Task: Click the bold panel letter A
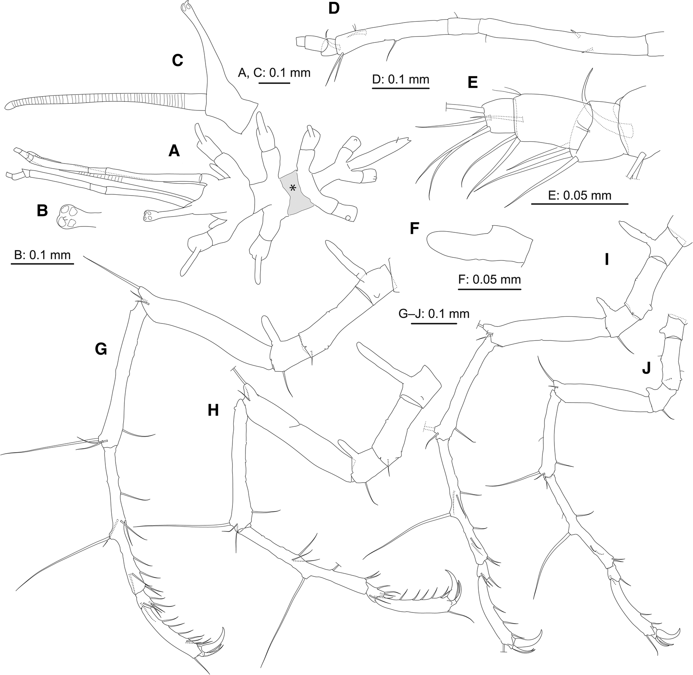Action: [x=174, y=150]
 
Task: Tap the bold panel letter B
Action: [x=42, y=211]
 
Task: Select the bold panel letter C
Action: [x=177, y=60]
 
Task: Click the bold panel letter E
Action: [x=472, y=82]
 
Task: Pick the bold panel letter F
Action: [x=414, y=228]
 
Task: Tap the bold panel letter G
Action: [x=101, y=349]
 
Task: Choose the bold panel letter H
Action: [x=213, y=411]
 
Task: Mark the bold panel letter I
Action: [x=606, y=260]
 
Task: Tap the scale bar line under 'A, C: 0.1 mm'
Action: [x=274, y=83]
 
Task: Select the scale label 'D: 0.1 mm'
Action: [x=401, y=79]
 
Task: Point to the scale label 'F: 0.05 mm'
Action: [x=489, y=280]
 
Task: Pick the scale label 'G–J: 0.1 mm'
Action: [x=434, y=314]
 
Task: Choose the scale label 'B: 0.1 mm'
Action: [x=42, y=255]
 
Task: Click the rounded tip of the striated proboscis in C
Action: [x=8, y=106]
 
